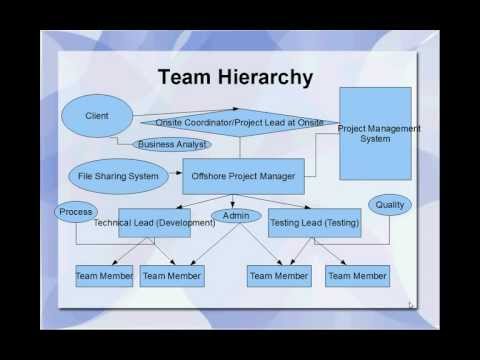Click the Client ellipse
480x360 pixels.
(x=97, y=115)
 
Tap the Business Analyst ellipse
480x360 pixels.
(x=172, y=144)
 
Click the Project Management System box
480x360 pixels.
(x=375, y=133)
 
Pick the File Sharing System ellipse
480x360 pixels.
(x=118, y=176)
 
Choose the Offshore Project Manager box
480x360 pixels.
(x=242, y=176)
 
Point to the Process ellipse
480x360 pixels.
(x=76, y=212)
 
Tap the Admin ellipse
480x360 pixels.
(x=236, y=216)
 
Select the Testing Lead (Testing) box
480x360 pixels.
(x=314, y=222)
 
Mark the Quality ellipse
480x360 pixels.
(x=390, y=205)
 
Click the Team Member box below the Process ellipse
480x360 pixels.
(x=104, y=275)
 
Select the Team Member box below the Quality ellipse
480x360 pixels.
(x=357, y=275)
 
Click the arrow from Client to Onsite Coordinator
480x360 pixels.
(x=170, y=118)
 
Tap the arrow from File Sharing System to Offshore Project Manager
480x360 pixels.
(x=172, y=176)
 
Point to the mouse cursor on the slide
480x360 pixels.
(x=411, y=305)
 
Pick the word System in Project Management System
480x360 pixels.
(x=375, y=138)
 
